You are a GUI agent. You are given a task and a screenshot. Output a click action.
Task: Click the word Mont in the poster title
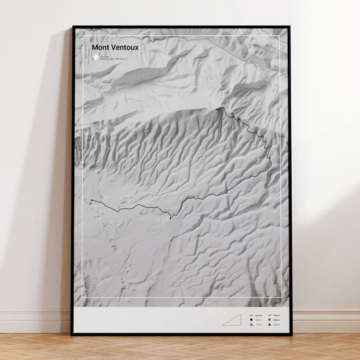point(99,48)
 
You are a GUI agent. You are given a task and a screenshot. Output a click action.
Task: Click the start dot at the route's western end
point(91,201)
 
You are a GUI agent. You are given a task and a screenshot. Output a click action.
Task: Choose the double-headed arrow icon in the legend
point(251,315)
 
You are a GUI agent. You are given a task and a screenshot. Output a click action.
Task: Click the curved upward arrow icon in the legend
point(269,315)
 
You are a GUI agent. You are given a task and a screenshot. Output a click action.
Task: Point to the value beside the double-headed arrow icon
point(259,315)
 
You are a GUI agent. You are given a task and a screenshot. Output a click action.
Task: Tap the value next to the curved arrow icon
point(277,315)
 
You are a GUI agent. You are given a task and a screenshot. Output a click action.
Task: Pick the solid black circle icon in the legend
point(251,319)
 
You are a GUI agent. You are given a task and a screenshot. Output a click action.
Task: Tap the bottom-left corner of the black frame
point(72,334)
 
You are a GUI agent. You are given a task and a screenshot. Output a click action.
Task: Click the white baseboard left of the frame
point(34,321)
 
